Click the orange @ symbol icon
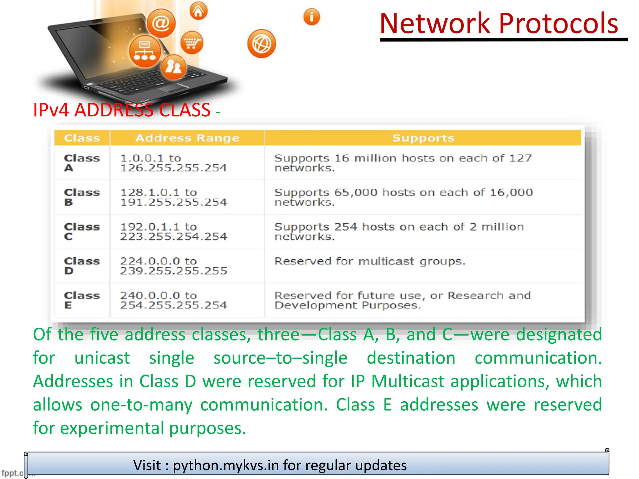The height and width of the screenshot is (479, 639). (x=161, y=23)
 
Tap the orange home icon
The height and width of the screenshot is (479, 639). (x=198, y=11)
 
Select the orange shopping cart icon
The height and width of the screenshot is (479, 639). (x=192, y=43)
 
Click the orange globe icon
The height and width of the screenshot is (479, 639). (x=261, y=44)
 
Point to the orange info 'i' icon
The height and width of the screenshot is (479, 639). (x=311, y=17)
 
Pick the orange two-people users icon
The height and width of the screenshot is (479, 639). (x=173, y=67)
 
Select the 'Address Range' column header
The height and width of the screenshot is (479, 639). (x=188, y=138)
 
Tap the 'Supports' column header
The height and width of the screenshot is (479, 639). (x=423, y=138)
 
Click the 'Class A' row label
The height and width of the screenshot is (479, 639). (x=82, y=163)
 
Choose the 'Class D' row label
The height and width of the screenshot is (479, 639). (x=82, y=266)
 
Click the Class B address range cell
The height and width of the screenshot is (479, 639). (x=173, y=197)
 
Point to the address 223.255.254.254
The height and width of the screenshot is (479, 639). (x=173, y=237)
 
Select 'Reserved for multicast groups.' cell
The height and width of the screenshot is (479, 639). (x=370, y=261)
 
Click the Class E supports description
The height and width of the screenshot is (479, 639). (x=402, y=300)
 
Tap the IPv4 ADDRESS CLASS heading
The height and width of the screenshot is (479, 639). (x=122, y=110)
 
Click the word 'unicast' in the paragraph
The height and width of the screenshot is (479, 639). (x=102, y=358)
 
